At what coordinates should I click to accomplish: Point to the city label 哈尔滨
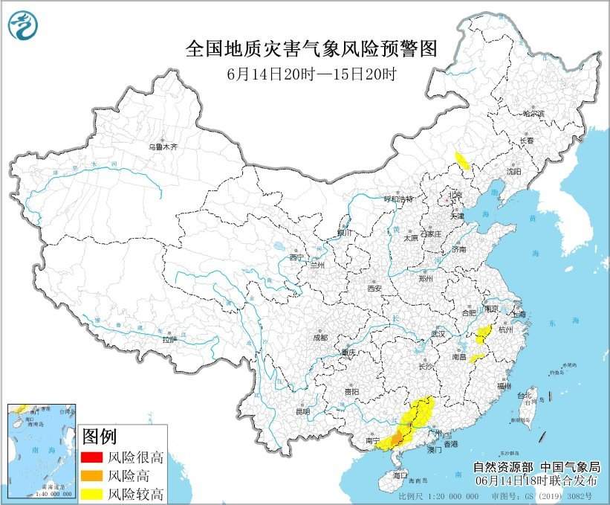point(532,115)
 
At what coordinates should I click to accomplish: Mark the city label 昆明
point(302,411)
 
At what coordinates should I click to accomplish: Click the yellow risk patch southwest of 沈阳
point(461,161)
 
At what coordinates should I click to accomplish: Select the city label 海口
point(400,474)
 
